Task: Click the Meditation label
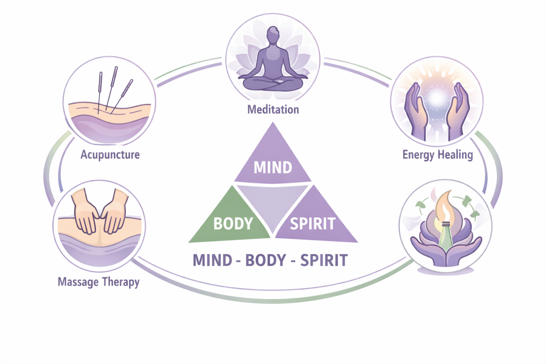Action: coord(273,110)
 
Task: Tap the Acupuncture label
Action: coord(110,155)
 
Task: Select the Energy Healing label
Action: coord(437,155)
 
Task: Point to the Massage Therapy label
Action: coord(98,281)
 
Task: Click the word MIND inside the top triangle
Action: coord(272,167)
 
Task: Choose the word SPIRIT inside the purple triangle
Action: coord(312,223)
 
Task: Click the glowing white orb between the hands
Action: coord(437,99)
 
